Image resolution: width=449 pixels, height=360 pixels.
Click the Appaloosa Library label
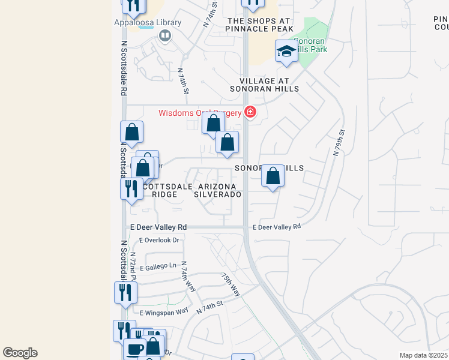148,23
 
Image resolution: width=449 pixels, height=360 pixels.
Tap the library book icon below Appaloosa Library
164,36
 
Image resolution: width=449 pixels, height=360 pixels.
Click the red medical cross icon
250,112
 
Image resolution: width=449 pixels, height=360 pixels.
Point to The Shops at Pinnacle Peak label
259,25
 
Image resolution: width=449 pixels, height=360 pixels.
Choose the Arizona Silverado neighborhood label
219,190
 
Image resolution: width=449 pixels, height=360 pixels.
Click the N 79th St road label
338,143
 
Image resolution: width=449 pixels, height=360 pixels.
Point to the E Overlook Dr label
160,240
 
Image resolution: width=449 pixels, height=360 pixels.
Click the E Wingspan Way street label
164,313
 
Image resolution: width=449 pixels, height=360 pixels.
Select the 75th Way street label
231,285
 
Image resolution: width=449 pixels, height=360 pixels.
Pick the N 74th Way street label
188,276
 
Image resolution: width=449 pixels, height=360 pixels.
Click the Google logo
20,352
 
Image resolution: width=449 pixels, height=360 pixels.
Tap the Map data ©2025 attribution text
423,355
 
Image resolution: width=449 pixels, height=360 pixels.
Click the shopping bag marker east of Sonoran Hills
273,177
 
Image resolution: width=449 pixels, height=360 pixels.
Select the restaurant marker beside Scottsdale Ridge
131,188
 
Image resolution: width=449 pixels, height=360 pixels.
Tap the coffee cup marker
134,349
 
